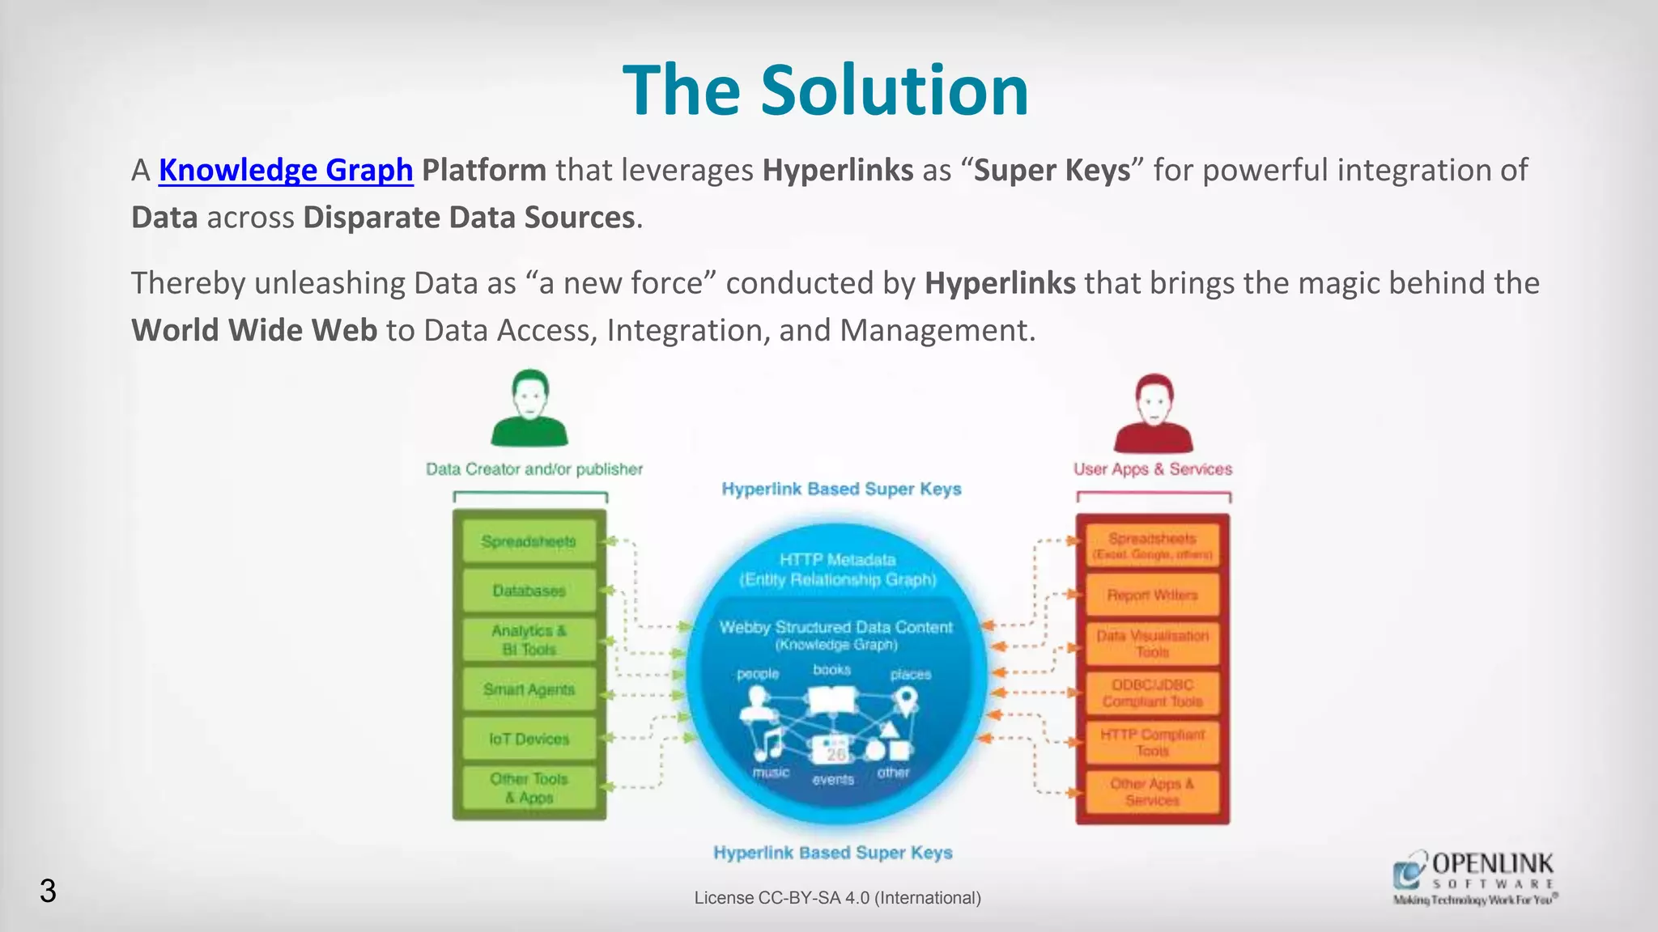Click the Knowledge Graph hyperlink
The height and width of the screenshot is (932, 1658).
click(286, 170)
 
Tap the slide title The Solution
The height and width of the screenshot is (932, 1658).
click(825, 90)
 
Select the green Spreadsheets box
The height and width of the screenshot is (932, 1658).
click(529, 541)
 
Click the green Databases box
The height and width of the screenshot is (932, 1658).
click(529, 591)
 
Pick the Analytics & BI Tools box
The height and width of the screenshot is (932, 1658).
click(529, 640)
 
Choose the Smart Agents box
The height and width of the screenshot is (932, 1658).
click(529, 689)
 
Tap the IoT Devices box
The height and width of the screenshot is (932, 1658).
click(529, 739)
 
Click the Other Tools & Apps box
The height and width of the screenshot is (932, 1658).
click(529, 788)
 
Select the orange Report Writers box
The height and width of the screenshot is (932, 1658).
click(1152, 595)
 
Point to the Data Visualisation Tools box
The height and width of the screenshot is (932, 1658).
click(1152, 644)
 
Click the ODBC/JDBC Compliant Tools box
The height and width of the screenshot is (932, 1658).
click(1152, 693)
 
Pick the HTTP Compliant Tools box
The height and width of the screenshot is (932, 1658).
click(1152, 743)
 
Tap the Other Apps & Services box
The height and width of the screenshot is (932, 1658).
click(1152, 792)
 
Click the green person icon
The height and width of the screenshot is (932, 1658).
click(529, 409)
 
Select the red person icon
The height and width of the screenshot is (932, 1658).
click(1153, 413)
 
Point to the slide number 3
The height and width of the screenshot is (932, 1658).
click(48, 891)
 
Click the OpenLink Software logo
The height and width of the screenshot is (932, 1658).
click(1474, 877)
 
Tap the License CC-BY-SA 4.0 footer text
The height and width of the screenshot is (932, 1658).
click(837, 898)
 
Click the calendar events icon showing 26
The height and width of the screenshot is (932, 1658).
click(835, 752)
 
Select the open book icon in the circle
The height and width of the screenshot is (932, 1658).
click(832, 700)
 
